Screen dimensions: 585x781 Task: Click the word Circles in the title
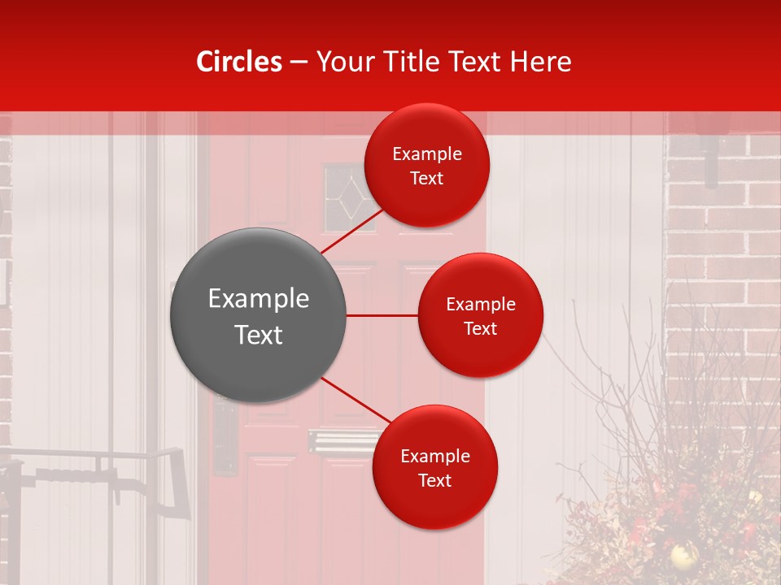pos(239,62)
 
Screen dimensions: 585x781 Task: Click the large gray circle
pos(258,315)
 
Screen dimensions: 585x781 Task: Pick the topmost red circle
pos(427,165)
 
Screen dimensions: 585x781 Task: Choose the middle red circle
pos(480,315)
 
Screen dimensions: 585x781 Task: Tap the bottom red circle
pos(434,467)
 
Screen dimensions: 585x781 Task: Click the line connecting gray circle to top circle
pos(353,231)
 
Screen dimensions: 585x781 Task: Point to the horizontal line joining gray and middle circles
pos(382,315)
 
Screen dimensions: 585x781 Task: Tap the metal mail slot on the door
pos(334,443)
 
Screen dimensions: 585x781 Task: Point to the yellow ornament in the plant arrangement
pos(682,556)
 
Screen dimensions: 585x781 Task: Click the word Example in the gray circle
pos(258,299)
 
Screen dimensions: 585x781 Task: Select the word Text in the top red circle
pos(427,179)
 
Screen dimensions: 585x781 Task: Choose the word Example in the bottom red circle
pos(434,457)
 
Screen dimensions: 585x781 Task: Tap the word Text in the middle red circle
pos(480,329)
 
